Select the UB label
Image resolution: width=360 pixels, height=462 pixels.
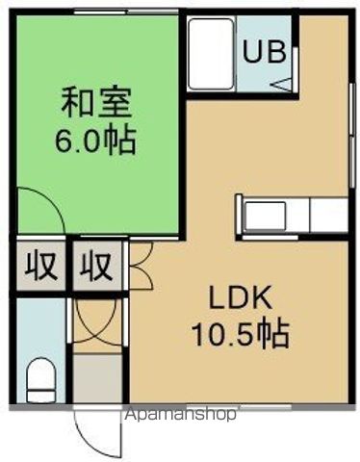point(263,50)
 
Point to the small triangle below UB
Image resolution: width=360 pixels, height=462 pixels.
point(281,85)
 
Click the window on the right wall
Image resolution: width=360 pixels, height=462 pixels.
point(347,154)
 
